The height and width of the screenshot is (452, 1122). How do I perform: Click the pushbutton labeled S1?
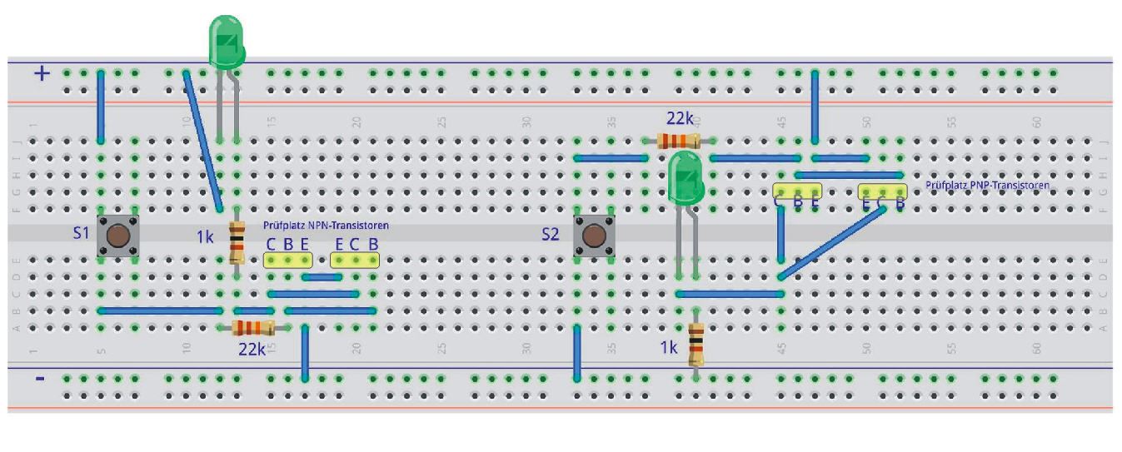[x=117, y=236]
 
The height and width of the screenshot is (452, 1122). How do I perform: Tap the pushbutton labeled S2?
[x=594, y=236]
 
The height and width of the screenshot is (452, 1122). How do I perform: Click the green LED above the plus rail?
[x=225, y=42]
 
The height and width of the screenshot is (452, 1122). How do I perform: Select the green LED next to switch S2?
[x=686, y=176]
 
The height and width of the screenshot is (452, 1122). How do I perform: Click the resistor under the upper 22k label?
[x=676, y=141]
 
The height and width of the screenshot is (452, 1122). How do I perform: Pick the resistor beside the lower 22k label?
[x=253, y=327]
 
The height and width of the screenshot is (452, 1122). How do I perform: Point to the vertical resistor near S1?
[x=237, y=242]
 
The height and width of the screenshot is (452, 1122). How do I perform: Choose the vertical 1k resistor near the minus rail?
[x=696, y=345]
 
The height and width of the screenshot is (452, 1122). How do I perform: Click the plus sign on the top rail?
[x=42, y=73]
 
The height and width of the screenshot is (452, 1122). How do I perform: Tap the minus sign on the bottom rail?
[x=40, y=379]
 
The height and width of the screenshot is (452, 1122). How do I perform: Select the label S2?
[x=551, y=236]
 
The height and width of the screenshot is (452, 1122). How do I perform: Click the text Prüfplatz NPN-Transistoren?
[x=326, y=225]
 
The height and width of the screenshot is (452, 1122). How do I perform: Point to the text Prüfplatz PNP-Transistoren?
[x=987, y=185]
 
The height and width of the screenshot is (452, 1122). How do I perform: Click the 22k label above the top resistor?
[x=679, y=119]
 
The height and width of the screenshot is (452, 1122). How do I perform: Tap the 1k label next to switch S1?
[x=206, y=237]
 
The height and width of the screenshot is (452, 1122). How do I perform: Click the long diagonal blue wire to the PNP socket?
[x=831, y=242]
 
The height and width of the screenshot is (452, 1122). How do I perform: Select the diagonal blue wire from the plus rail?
[x=202, y=140]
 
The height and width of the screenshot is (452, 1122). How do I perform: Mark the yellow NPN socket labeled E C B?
[x=356, y=260]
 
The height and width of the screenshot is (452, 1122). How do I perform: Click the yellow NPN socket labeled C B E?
[x=287, y=260]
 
